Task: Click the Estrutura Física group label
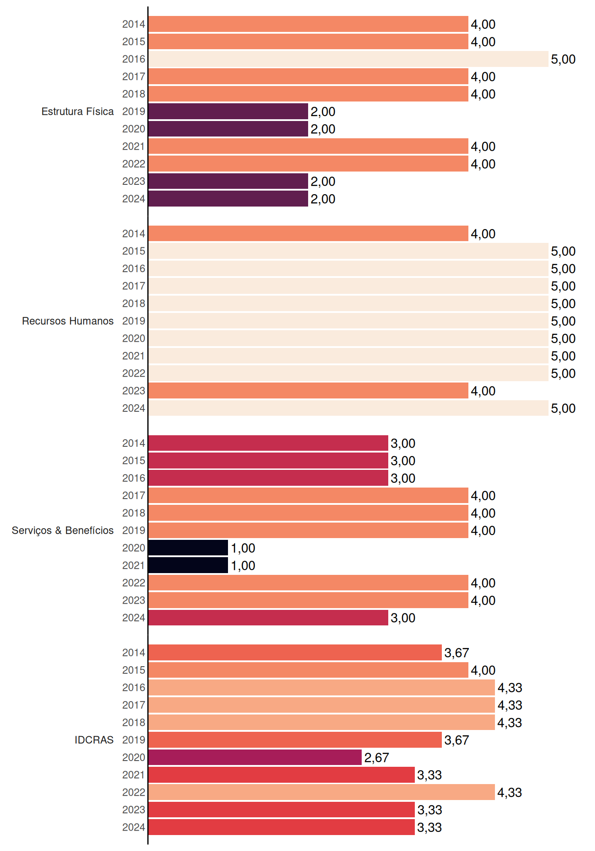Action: (x=77, y=111)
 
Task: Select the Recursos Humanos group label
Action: (x=68, y=321)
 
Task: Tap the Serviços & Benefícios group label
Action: (x=62, y=531)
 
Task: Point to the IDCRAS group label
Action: (x=94, y=740)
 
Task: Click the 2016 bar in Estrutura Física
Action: (x=348, y=59)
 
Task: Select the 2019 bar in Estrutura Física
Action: (x=228, y=111)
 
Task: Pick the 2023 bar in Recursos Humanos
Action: (x=309, y=390)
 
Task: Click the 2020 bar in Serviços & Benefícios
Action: (x=188, y=548)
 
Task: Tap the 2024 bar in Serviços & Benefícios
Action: (x=268, y=617)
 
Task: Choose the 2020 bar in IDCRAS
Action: (x=255, y=757)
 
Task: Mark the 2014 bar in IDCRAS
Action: (x=295, y=652)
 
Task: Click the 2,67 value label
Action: (x=376, y=757)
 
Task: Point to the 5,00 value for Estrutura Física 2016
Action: (x=563, y=59)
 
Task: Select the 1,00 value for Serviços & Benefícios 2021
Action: (x=243, y=566)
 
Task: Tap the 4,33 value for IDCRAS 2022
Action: (x=510, y=792)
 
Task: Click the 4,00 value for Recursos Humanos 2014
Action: (x=483, y=234)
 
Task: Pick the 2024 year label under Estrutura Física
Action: (x=134, y=199)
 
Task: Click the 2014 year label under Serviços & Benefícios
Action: (x=134, y=443)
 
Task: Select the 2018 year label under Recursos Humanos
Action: (x=134, y=304)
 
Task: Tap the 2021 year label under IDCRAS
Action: (x=134, y=775)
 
